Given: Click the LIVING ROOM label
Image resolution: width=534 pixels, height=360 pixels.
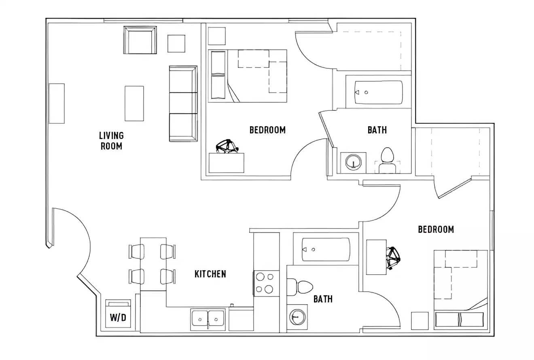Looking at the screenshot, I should point(112,140).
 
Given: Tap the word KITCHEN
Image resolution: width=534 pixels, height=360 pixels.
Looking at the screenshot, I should point(210,274).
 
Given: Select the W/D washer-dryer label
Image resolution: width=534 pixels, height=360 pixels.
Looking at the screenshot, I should point(118,318).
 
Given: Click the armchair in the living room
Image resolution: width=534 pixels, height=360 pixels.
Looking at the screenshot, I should point(140,40).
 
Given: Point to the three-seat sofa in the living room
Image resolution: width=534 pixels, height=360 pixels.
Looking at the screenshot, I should point(183,104).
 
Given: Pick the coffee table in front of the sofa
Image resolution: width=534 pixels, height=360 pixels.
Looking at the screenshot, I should point(134,104).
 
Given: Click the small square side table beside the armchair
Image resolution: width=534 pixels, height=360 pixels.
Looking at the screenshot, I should point(176,44).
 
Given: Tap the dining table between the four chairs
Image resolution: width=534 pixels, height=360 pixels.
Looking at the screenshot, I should point(153,264).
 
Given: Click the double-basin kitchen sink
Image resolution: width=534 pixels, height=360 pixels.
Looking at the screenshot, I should point(208,319).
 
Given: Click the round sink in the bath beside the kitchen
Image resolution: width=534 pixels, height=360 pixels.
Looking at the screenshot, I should point(297,317).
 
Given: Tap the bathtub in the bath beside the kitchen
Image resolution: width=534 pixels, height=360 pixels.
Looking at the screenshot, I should point(326,249).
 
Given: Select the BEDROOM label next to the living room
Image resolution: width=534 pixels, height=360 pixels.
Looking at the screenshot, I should point(267,130).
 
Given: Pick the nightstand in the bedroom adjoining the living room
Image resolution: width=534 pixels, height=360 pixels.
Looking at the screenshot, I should point(217,36).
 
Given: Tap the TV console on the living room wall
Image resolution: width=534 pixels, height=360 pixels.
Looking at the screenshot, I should point(57,104).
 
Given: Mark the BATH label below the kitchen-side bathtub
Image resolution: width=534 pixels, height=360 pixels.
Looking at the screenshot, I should point(323,299).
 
